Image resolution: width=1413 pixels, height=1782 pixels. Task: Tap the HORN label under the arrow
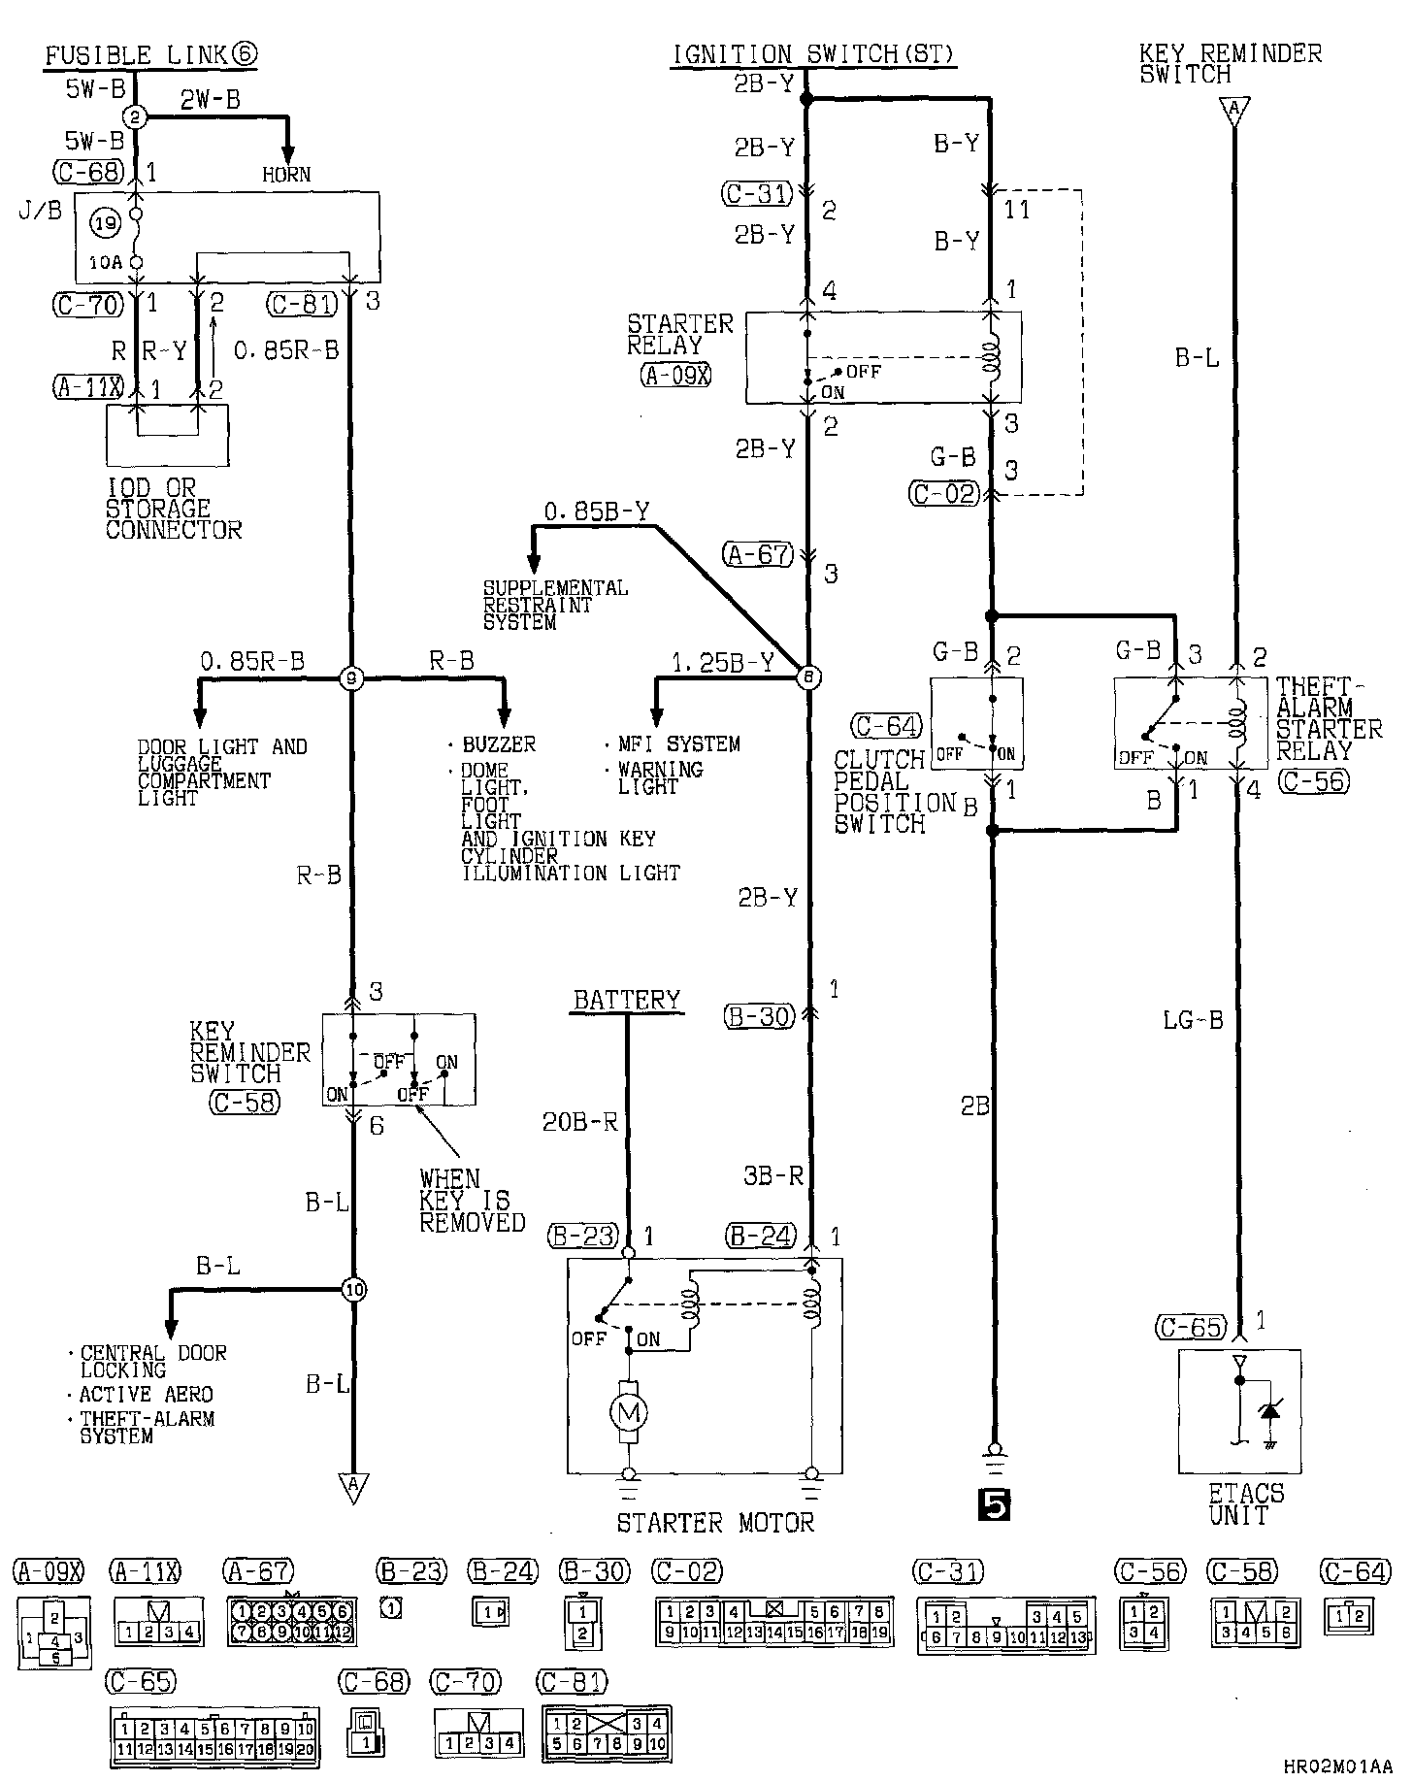(x=286, y=175)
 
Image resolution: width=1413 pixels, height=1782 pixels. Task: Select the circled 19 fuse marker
(x=107, y=224)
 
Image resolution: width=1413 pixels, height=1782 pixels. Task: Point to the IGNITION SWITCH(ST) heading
(x=814, y=54)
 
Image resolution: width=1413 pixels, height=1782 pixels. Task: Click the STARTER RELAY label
(x=679, y=334)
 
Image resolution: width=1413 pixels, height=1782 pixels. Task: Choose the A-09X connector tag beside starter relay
(x=675, y=376)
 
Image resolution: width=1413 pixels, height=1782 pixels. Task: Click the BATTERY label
(x=627, y=1000)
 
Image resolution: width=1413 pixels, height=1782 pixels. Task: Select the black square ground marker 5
(x=994, y=1504)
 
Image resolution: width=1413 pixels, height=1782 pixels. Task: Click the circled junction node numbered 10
(x=353, y=1290)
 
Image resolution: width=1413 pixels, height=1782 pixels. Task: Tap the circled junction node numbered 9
(x=351, y=679)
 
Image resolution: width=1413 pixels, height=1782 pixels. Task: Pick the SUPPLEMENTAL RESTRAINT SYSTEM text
(x=555, y=605)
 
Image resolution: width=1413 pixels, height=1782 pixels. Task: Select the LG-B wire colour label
(x=1193, y=1020)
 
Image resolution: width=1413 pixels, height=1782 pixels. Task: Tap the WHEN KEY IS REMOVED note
(x=471, y=1201)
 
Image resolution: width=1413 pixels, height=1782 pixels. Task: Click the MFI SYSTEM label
(x=678, y=744)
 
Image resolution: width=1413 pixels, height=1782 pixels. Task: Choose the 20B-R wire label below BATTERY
(x=579, y=1123)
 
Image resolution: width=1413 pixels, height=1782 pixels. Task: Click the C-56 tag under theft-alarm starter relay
(x=1314, y=781)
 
